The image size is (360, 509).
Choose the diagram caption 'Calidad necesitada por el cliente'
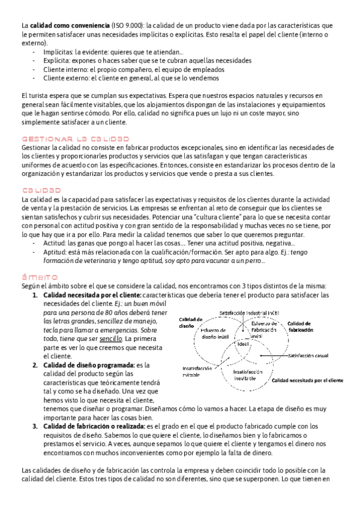pos(308,381)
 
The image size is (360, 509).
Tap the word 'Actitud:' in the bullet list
pos(55,243)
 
